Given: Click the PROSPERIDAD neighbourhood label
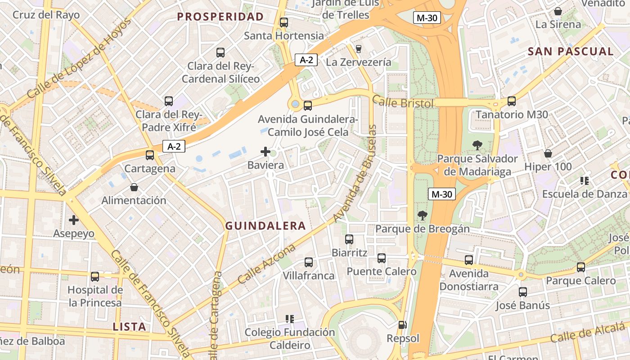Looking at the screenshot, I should [220, 17].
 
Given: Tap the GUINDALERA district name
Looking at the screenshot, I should [265, 226].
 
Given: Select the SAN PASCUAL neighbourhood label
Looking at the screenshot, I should [571, 51].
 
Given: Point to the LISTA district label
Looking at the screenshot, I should [130, 327].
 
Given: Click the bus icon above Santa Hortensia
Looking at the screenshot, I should [283, 22].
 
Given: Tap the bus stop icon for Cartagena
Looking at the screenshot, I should [149, 155].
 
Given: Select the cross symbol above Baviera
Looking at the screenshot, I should [265, 152].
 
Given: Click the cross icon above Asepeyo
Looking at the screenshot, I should [74, 220].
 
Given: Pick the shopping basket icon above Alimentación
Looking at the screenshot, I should [134, 187].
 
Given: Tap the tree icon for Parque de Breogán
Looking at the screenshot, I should [422, 216].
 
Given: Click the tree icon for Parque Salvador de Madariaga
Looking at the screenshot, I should [477, 145].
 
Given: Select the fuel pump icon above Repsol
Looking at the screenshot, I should [402, 324].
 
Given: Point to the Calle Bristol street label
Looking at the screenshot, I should [403, 103].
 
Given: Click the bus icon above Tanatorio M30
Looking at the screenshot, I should [512, 101].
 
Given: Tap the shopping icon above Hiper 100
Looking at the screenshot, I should [548, 153].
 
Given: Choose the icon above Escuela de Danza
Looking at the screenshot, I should [584, 181].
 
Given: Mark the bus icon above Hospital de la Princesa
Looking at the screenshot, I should [94, 276].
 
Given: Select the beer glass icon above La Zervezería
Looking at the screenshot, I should [359, 49].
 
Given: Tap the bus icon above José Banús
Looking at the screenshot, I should [522, 292].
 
